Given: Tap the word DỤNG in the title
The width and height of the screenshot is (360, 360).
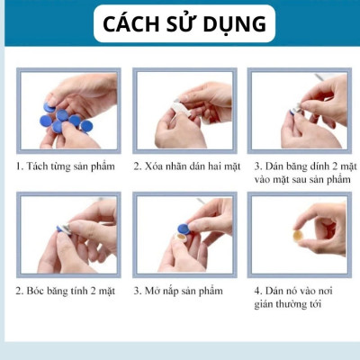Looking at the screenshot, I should click(x=235, y=23).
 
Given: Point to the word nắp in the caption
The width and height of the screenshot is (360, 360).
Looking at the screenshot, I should click(x=175, y=291).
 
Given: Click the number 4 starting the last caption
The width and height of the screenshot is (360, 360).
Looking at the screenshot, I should click(x=256, y=291).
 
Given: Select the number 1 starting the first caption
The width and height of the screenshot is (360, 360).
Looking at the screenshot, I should click(x=19, y=166).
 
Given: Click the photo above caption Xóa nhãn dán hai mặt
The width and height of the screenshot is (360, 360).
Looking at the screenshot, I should click(x=184, y=111).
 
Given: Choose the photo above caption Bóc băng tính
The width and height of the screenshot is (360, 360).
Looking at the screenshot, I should click(x=67, y=235).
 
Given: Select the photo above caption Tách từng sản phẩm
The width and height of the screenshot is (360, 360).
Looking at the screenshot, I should click(x=67, y=111).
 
